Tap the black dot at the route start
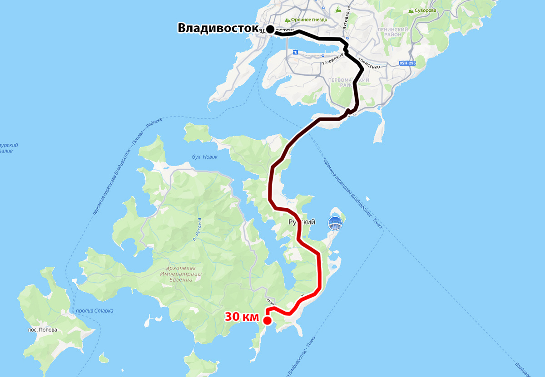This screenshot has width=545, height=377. coord(270,29)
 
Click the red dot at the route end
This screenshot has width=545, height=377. coord(267,321)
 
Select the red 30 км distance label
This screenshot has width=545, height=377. coord(242,317)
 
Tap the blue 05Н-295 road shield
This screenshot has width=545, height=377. coord(407,63)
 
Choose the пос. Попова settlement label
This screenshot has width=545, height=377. coord(42,330)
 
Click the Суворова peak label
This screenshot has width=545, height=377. coord(427,10)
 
